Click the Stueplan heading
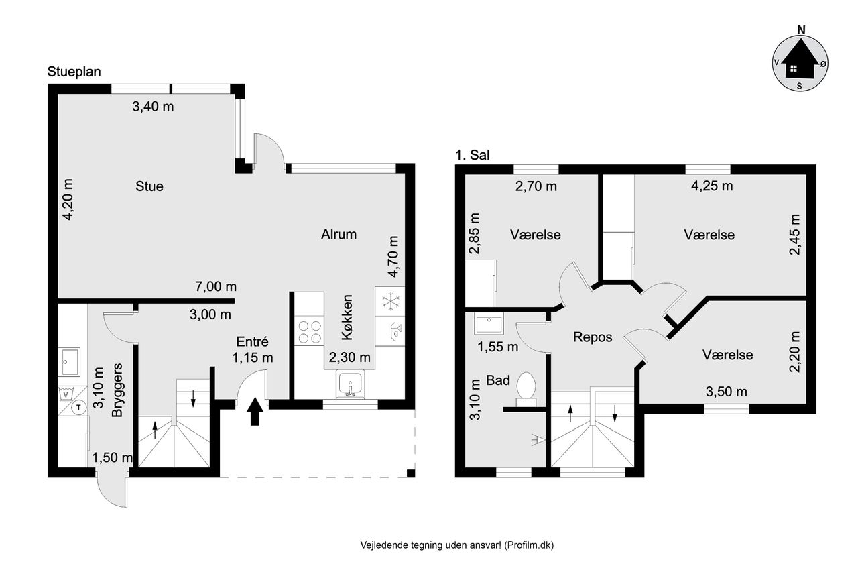[x=74, y=72]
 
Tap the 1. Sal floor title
[x=473, y=155]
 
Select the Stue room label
[x=149, y=186]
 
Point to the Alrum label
[x=339, y=234]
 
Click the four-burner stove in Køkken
[x=310, y=332]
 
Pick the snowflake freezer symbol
[x=390, y=302]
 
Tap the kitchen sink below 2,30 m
[x=350, y=384]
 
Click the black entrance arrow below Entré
[x=255, y=411]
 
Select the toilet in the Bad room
[x=526, y=389]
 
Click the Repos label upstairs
[x=593, y=337]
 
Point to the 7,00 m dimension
[x=216, y=286]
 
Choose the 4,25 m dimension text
[x=712, y=186]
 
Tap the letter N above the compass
[x=801, y=30]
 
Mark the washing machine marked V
[x=68, y=394]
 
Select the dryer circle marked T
[x=79, y=407]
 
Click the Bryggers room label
[x=117, y=390]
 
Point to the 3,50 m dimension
[x=726, y=392]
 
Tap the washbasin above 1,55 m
[x=489, y=325]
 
